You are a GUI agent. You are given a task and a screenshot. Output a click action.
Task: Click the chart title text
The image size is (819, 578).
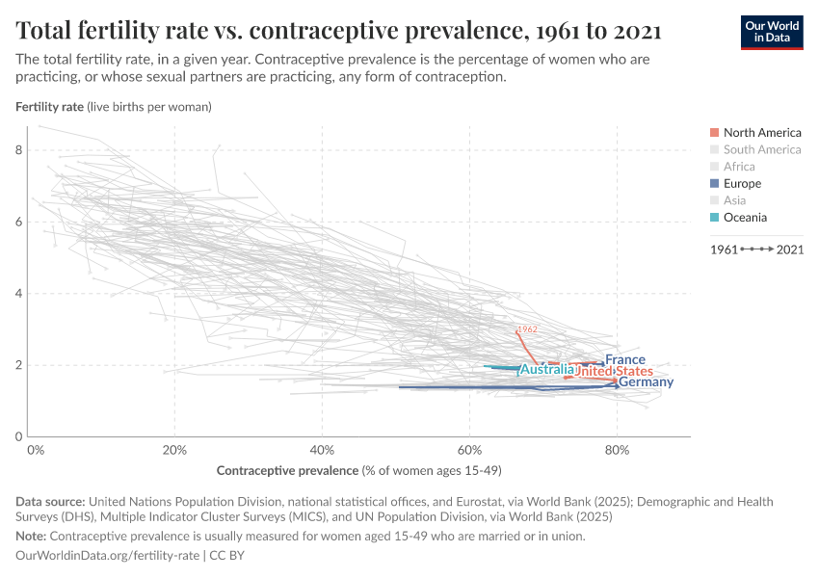click(338, 31)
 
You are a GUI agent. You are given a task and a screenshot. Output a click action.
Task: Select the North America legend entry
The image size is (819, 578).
click(761, 132)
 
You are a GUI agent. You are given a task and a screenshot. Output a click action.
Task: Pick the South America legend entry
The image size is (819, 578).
click(761, 149)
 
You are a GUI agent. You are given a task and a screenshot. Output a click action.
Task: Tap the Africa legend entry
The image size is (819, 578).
click(739, 167)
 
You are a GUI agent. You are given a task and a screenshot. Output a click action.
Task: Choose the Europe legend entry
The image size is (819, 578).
click(742, 183)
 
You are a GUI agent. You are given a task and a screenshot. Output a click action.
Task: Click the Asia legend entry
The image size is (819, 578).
click(734, 200)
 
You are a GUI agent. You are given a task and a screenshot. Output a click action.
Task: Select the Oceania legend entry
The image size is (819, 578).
click(745, 217)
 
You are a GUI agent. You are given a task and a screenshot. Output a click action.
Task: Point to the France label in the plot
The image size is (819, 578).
click(625, 359)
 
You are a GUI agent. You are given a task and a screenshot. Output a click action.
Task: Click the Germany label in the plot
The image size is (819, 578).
click(646, 382)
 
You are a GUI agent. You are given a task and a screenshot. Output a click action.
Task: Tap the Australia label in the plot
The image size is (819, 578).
click(546, 370)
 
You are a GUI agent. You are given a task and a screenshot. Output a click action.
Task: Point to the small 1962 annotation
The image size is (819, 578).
click(527, 329)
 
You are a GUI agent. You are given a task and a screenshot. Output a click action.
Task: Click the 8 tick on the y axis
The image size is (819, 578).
click(18, 150)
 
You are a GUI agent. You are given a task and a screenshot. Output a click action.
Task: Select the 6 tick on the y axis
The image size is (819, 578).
click(18, 222)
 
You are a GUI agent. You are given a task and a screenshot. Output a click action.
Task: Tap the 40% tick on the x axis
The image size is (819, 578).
click(322, 449)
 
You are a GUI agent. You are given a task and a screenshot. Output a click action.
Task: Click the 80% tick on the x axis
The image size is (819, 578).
click(617, 449)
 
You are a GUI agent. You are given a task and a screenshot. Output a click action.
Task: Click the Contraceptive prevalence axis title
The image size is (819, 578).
click(358, 470)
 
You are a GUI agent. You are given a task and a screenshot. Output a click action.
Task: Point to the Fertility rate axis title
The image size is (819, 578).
click(114, 107)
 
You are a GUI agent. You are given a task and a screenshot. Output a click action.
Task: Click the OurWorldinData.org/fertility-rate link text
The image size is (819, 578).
click(108, 556)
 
